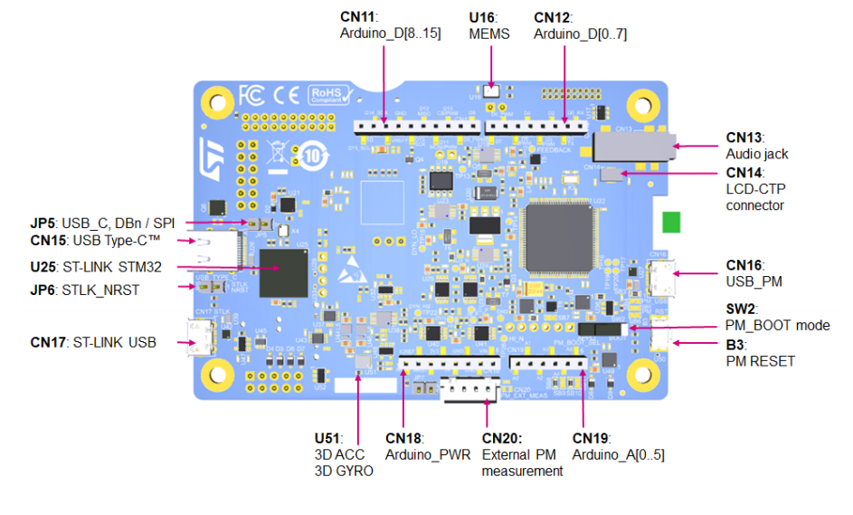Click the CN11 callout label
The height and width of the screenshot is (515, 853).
[388, 25]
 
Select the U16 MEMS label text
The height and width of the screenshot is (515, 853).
[489, 25]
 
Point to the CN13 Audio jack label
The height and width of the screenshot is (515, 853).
[756, 146]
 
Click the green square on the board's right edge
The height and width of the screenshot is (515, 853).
[670, 224]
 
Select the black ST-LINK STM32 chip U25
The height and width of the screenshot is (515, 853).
[282, 272]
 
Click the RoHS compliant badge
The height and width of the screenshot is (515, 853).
[327, 95]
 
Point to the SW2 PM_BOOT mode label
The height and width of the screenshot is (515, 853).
[777, 317]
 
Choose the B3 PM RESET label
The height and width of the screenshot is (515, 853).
[760, 352]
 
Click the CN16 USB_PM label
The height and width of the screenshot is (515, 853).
[753, 273]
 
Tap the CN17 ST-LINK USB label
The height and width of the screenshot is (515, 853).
[93, 342]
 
